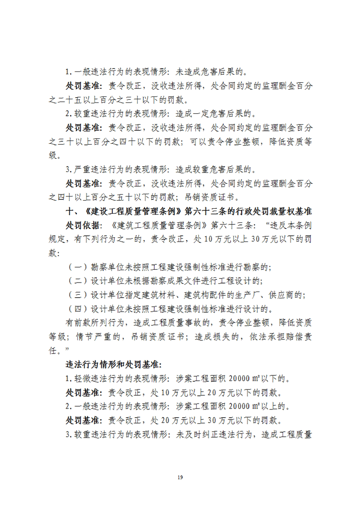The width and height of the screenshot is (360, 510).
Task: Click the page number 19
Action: point(180,477)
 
